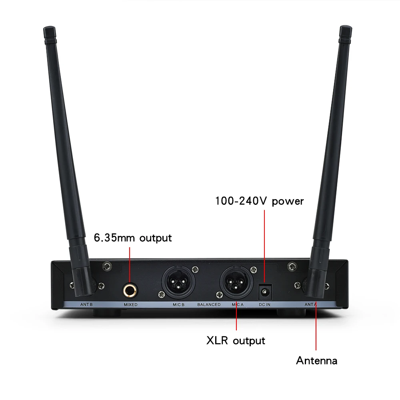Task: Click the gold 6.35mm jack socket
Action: click(130, 288)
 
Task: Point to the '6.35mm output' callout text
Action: click(132, 238)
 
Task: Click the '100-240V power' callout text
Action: click(260, 201)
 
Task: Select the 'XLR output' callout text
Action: click(236, 341)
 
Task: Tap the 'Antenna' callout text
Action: click(316, 360)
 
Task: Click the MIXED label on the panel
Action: click(130, 305)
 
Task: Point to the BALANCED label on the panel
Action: click(209, 305)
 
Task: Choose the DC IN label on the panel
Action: click(264, 305)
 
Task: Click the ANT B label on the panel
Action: click(86, 305)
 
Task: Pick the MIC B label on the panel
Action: click(178, 305)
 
